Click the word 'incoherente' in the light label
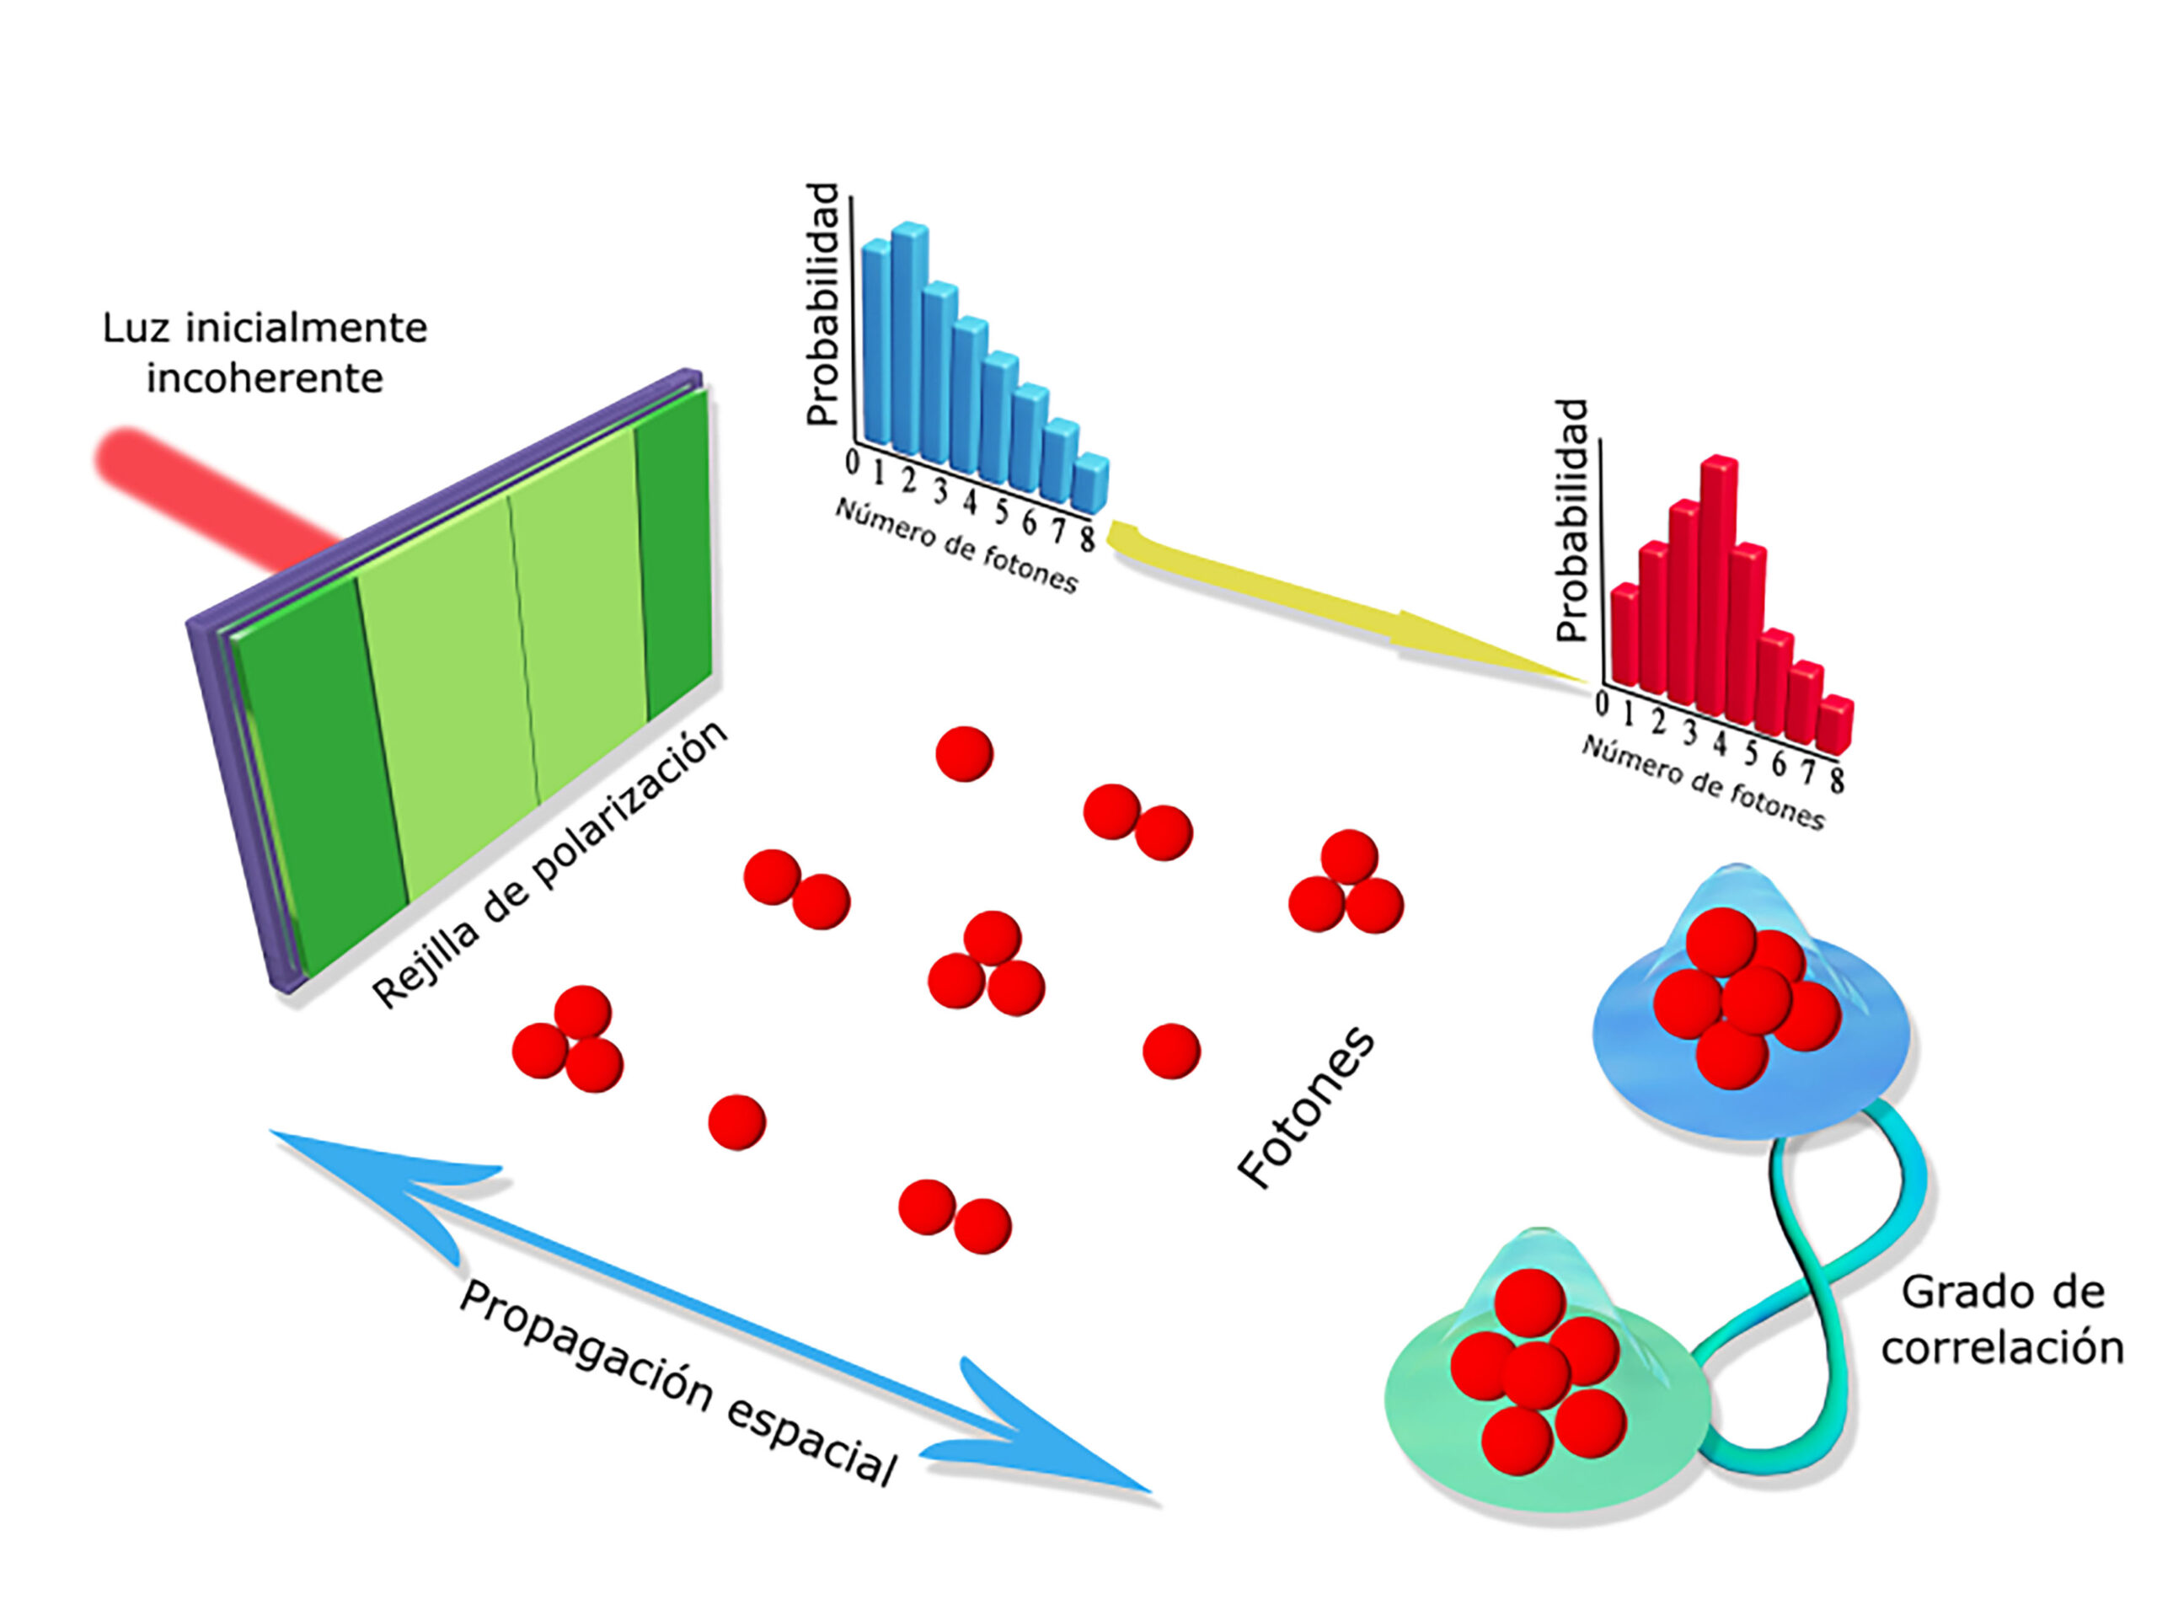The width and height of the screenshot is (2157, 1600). click(265, 377)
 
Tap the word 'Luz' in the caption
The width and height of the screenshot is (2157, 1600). click(136, 329)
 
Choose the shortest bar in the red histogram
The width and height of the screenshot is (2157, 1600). click(1834, 725)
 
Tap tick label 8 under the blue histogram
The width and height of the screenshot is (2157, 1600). click(1088, 538)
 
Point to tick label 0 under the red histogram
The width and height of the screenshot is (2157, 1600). click(1603, 704)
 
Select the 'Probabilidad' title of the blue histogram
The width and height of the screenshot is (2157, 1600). click(822, 304)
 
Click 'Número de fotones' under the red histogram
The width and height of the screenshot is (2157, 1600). click(1703, 783)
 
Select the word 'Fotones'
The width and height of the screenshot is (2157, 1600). click(1306, 1106)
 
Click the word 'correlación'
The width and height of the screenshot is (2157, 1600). click(2003, 1347)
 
